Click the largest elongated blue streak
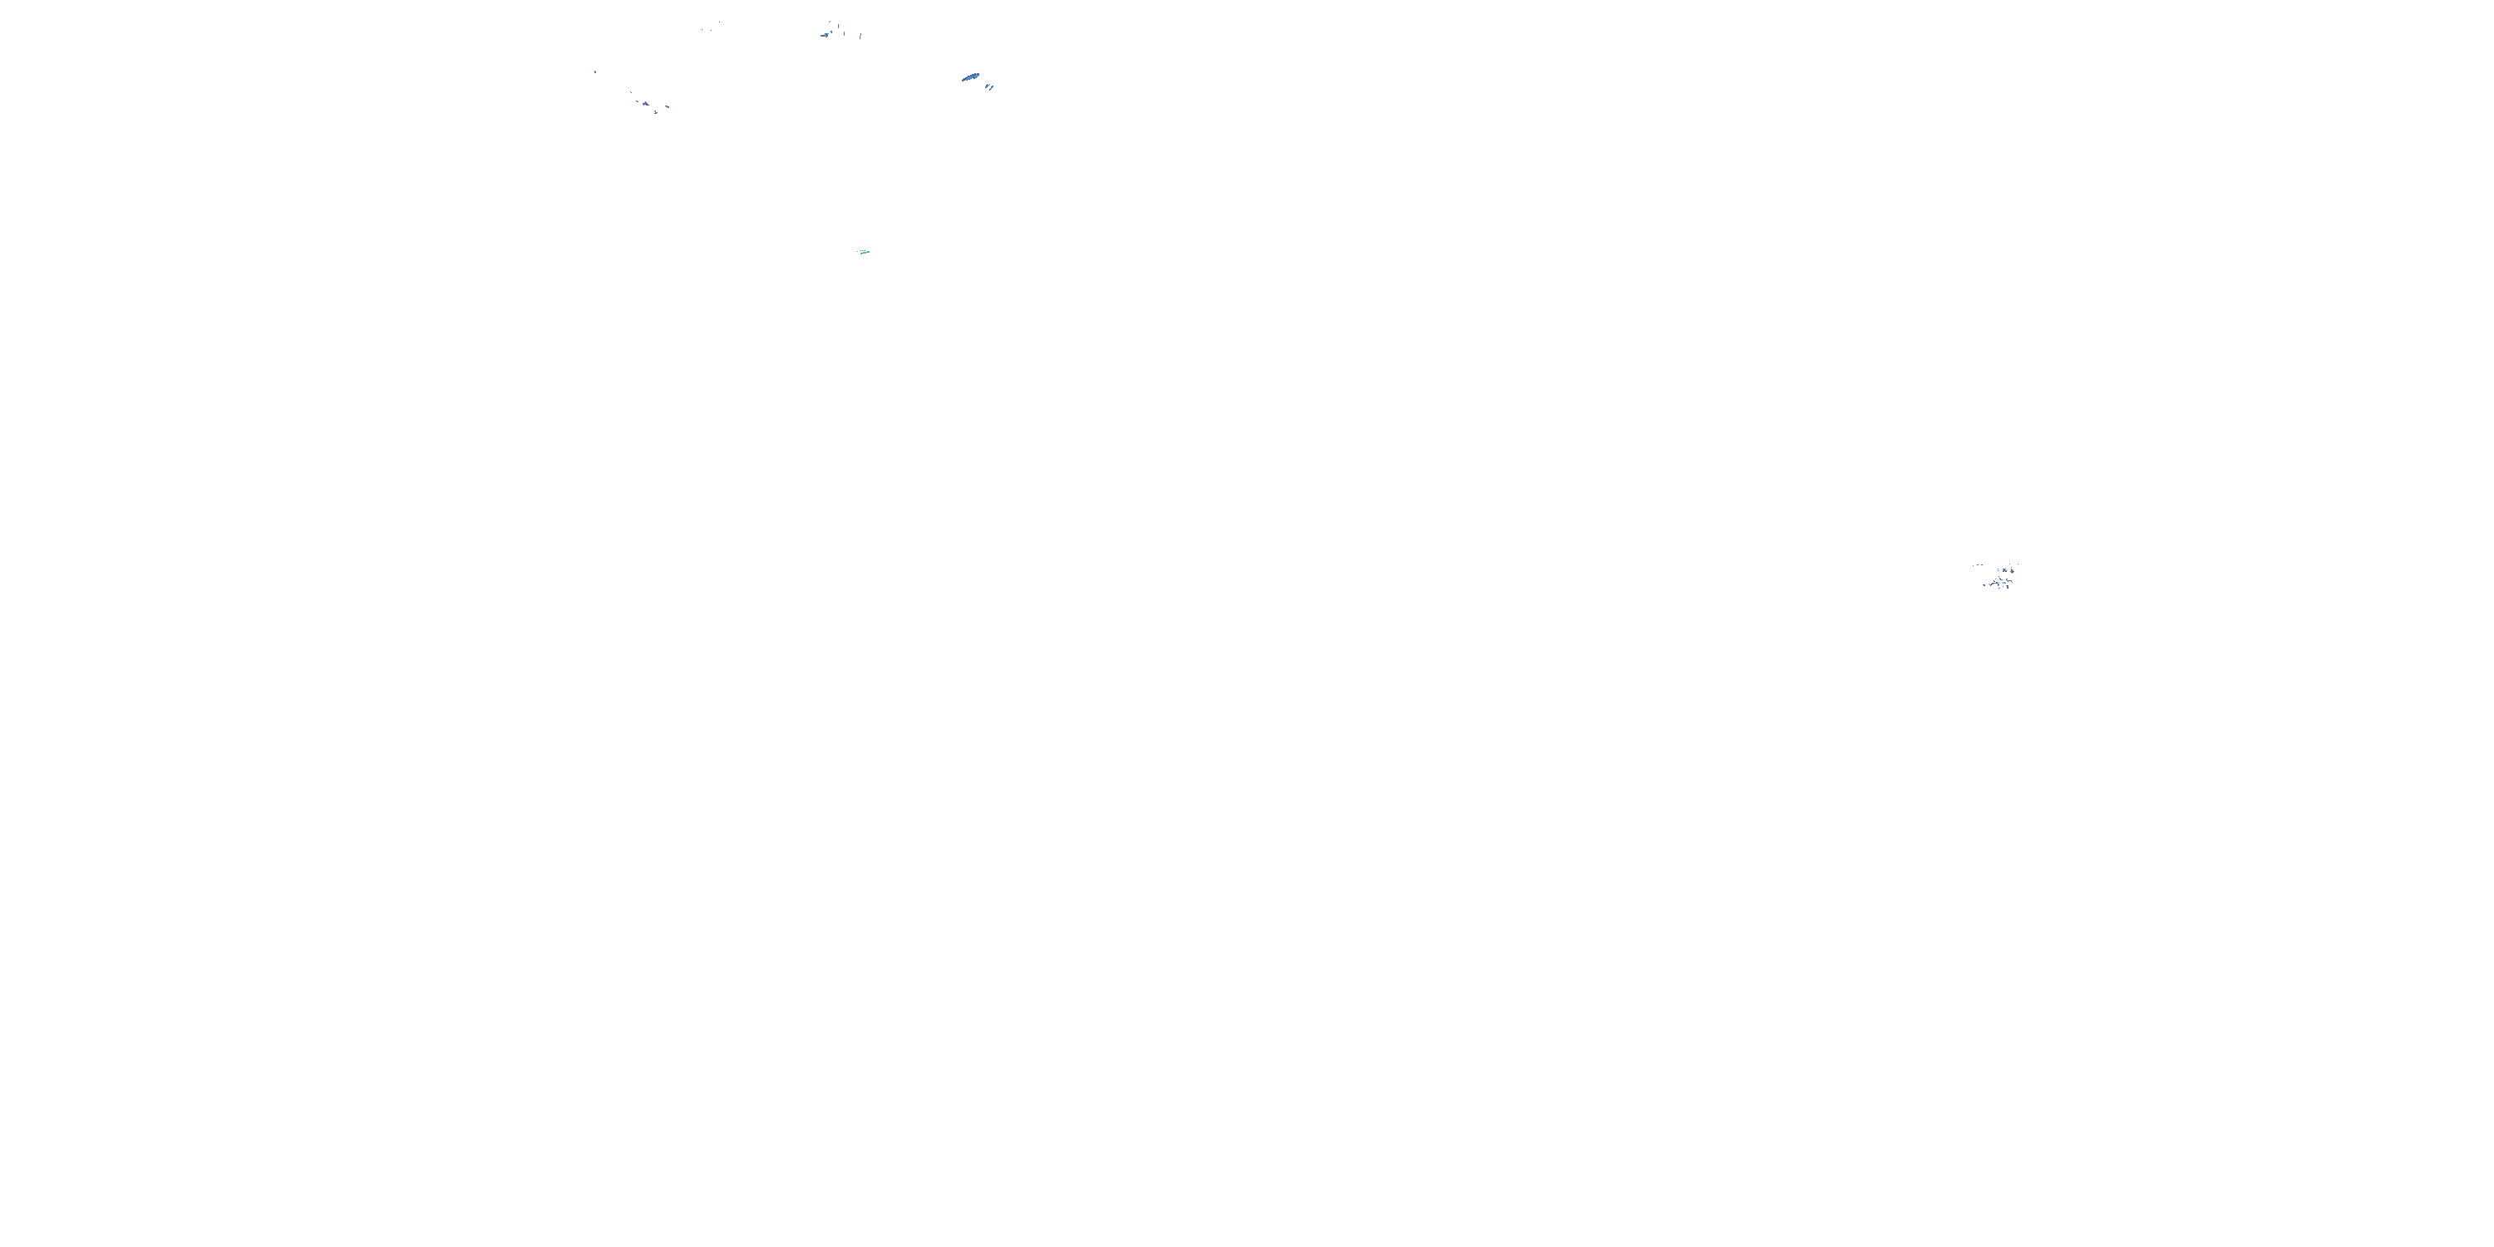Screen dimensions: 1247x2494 coord(971,77)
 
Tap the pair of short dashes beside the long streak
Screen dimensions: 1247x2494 coord(989,87)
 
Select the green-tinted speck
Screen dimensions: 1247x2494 coord(865,253)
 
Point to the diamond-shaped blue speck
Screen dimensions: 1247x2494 coord(2013,572)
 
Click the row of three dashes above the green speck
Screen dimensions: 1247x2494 coord(863,251)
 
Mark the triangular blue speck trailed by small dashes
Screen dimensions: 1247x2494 coord(646,105)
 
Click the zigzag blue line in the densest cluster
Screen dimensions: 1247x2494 coord(1994,584)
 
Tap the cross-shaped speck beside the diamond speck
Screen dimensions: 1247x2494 coord(2005,571)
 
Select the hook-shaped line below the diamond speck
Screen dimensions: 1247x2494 coord(2010,581)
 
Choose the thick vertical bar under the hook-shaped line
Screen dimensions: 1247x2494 coord(2008,588)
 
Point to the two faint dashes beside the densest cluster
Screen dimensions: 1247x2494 coord(1980,565)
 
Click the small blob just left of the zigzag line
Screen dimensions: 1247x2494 coord(1984,586)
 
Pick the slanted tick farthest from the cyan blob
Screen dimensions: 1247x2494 coord(860,37)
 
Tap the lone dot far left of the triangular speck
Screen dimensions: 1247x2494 coord(595,72)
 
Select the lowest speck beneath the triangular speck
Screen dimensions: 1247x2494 coord(657,112)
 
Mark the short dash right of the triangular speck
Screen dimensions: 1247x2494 coord(668,107)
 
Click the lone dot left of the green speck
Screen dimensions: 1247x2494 coord(858,252)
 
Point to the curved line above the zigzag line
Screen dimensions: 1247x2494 coord(2001,580)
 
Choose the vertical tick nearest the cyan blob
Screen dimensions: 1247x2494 coord(839,26)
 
